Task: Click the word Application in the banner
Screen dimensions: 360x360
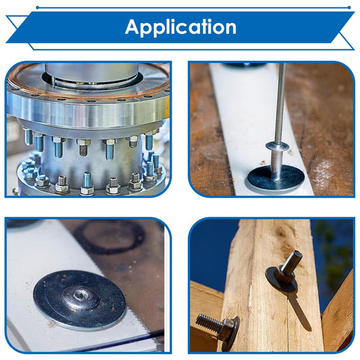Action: [181, 28]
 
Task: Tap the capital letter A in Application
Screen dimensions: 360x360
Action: [132, 26]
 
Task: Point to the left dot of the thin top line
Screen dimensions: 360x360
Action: [37, 7]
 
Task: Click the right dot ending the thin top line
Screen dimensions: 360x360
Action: [349, 7]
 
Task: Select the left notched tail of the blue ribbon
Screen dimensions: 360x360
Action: [17, 29]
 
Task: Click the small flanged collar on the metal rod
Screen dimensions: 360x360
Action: [277, 146]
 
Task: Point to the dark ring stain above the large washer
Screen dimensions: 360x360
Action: [109, 237]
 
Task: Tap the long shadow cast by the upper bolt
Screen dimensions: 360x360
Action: [299, 311]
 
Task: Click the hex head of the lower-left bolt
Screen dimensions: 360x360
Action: [227, 330]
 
